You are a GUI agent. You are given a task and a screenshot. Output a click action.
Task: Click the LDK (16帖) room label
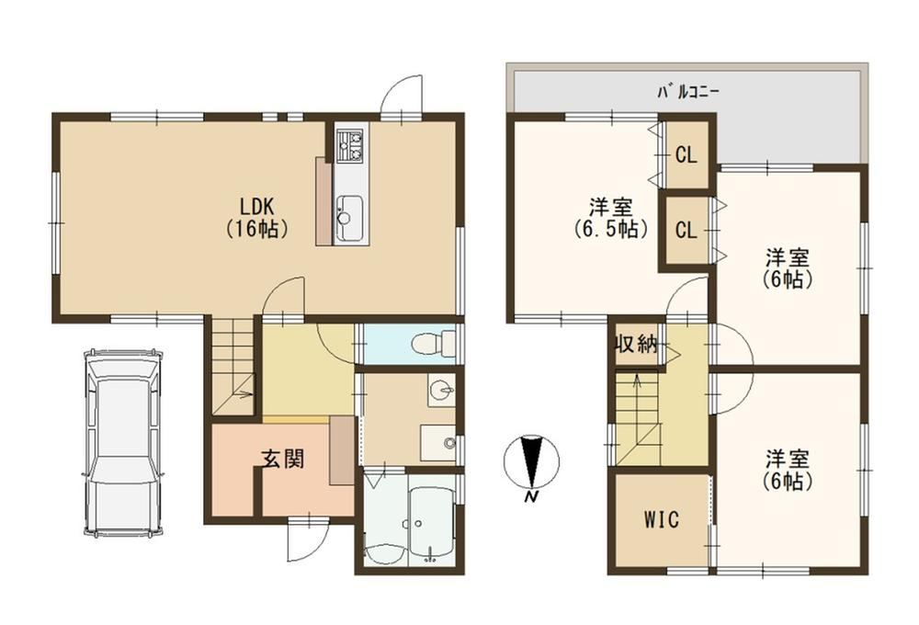pyautogui.click(x=256, y=218)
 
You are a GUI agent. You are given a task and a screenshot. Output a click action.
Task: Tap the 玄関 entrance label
pyautogui.click(x=282, y=458)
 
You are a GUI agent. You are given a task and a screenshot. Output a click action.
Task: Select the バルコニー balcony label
pyautogui.click(x=688, y=92)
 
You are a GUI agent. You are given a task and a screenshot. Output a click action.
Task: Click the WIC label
pyautogui.click(x=661, y=519)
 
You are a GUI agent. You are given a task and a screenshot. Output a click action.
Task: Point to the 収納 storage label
pyautogui.click(x=635, y=344)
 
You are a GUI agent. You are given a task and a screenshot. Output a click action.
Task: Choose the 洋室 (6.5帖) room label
pyautogui.click(x=611, y=218)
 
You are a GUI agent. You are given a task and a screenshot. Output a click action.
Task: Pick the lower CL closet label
pyautogui.click(x=686, y=230)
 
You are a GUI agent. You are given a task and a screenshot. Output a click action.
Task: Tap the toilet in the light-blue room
pyautogui.click(x=434, y=343)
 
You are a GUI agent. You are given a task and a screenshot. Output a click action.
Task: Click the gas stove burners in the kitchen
pyautogui.click(x=351, y=145)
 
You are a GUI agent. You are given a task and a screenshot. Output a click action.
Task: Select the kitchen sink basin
pyautogui.click(x=350, y=218)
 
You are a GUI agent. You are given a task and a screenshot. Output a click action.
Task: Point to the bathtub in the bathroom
pyautogui.click(x=431, y=517)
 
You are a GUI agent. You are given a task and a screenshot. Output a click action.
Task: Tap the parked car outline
pyautogui.click(x=123, y=442)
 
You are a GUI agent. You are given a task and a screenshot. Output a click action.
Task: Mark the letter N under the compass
pyautogui.click(x=531, y=498)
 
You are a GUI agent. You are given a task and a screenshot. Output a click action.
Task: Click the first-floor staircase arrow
pyautogui.click(x=242, y=394)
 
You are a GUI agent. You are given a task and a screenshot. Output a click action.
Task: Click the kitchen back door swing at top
pyautogui.click(x=402, y=97)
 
